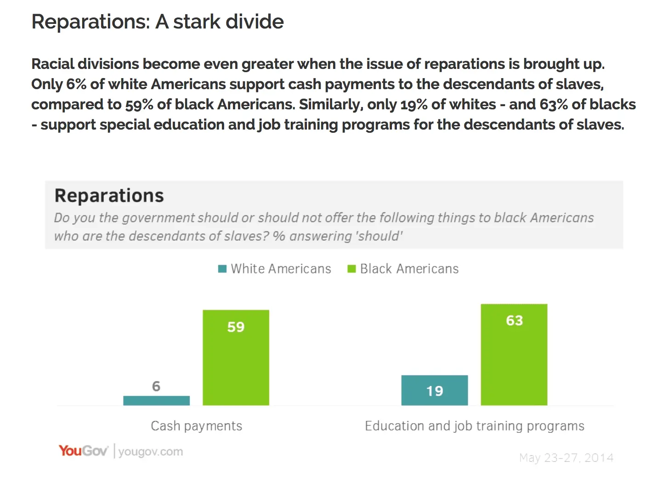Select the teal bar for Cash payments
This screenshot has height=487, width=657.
coord(156,401)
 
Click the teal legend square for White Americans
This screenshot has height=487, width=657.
coord(222,269)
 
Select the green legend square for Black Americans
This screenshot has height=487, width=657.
coord(351,269)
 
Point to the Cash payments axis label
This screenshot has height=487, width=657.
coord(196,426)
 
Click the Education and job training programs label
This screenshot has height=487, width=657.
coord(474,426)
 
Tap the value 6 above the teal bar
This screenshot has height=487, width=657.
coord(156,386)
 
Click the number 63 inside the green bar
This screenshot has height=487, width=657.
coord(514,320)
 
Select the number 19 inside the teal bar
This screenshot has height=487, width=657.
coord(434,391)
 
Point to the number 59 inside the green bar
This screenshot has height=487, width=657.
coord(236,327)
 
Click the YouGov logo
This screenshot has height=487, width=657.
coord(83,451)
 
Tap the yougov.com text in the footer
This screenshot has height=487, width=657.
coord(150,452)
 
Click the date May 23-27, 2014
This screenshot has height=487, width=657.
coord(566,458)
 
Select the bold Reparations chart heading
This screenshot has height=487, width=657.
coord(109,196)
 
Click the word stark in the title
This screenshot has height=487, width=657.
coord(197,22)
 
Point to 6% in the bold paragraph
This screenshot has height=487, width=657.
coord(76,84)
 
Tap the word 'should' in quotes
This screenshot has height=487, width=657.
coord(380,236)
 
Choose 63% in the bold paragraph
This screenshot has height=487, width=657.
coord(553,104)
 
